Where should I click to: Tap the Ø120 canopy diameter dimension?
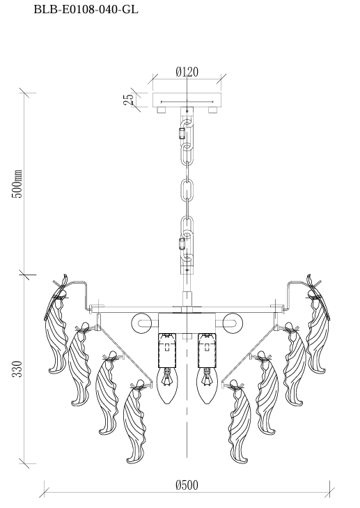(x=187, y=72)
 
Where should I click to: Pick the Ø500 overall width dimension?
(x=186, y=485)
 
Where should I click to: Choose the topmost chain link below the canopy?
(x=186, y=132)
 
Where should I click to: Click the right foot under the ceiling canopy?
(x=212, y=109)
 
